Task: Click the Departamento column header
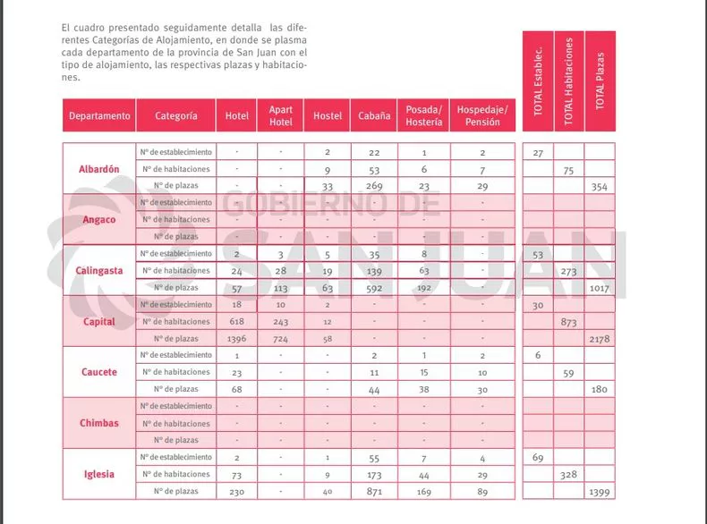click(x=99, y=115)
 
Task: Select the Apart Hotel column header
click(x=281, y=115)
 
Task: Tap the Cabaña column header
click(x=371, y=115)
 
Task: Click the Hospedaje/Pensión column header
click(x=481, y=115)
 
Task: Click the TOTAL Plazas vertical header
click(x=600, y=80)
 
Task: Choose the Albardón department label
click(x=99, y=169)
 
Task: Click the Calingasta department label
click(x=99, y=270)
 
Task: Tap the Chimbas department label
click(x=99, y=423)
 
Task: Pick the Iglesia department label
click(x=99, y=474)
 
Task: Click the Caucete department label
click(x=99, y=372)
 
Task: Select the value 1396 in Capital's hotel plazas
click(x=237, y=339)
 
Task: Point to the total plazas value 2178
click(x=600, y=339)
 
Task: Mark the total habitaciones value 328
click(x=569, y=475)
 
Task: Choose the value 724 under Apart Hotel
click(x=281, y=339)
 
